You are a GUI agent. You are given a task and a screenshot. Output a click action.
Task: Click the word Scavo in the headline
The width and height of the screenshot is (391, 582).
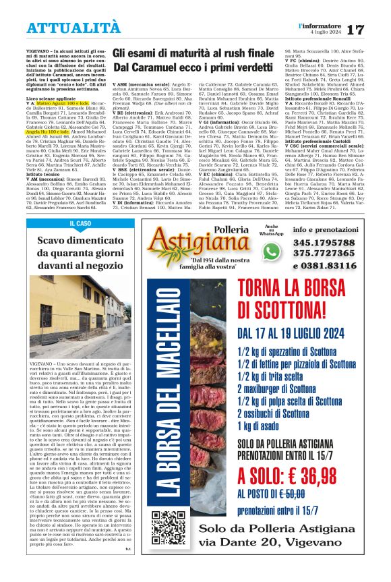click(x=52, y=239)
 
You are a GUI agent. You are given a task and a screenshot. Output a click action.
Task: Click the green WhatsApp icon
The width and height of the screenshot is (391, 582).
click(x=271, y=251)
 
